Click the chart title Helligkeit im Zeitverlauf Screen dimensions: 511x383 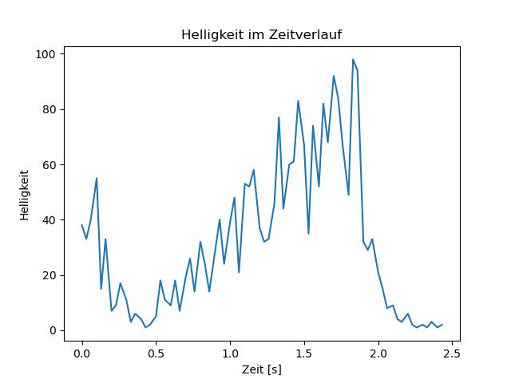(x=261, y=34)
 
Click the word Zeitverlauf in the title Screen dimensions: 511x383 (x=305, y=34)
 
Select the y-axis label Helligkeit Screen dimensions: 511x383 (x=25, y=195)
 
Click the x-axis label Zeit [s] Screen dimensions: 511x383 (x=262, y=369)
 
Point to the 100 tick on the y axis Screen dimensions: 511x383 (x=46, y=54)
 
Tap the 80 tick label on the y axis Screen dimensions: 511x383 (x=50, y=109)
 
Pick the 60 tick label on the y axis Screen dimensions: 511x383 (x=50, y=165)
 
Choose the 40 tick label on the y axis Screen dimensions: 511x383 (x=50, y=220)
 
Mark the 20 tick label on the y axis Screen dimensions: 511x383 (x=50, y=275)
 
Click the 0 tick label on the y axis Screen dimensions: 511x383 (x=53, y=330)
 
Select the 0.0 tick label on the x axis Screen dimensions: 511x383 (x=81, y=353)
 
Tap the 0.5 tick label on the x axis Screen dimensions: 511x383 (x=156, y=353)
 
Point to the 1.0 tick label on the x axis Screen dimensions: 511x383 (x=230, y=353)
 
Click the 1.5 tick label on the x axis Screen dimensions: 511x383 (x=304, y=353)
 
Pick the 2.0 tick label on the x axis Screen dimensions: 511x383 (x=378, y=353)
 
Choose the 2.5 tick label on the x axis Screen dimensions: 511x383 (x=453, y=353)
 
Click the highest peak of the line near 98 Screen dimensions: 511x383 (x=353, y=59)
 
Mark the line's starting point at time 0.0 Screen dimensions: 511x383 (x=81, y=225)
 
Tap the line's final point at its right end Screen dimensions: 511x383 (x=442, y=325)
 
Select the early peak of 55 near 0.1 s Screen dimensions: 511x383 (x=97, y=178)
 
